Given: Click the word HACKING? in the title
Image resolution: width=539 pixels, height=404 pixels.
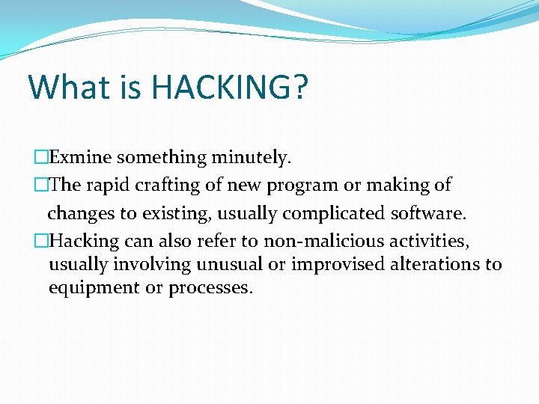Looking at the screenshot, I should [x=229, y=88].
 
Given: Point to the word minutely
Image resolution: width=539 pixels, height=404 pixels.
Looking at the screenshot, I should [x=251, y=158].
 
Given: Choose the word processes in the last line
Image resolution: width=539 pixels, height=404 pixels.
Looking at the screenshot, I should [x=210, y=288].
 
